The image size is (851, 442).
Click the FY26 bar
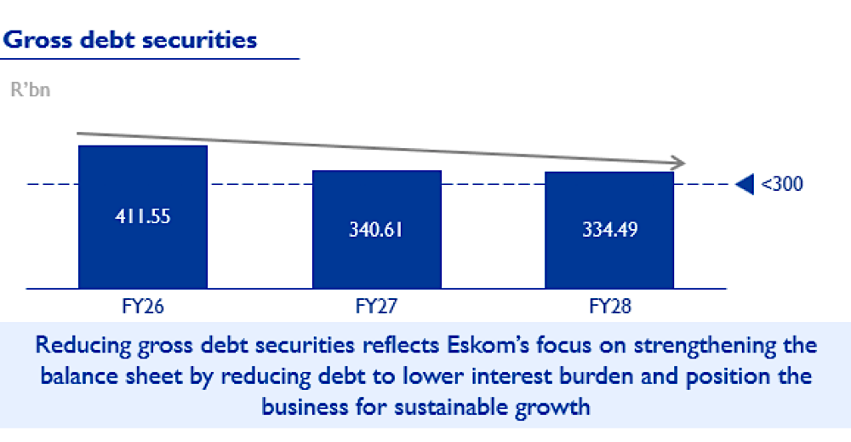(143, 216)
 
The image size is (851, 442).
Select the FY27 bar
(377, 229)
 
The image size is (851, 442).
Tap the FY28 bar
(609, 230)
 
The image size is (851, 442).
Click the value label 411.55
(143, 216)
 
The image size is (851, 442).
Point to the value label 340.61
(376, 230)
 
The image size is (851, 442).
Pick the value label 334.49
(610, 230)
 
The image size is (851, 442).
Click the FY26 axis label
(143, 307)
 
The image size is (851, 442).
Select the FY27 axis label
(376, 307)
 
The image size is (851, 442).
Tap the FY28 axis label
(610, 307)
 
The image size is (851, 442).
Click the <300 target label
(781, 184)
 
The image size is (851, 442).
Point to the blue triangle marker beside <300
(745, 184)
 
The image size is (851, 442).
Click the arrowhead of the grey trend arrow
(678, 163)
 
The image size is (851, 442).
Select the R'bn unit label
(31, 89)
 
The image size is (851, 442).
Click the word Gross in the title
(37, 40)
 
